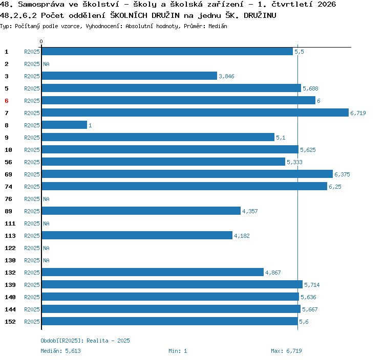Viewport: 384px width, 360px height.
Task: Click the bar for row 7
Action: tap(195, 112)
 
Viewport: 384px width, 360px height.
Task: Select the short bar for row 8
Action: tap(65, 125)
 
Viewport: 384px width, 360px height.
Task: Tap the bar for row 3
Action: tap(130, 76)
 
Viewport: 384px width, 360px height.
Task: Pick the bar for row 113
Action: tap(137, 235)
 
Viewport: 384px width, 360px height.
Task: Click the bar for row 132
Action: tap(153, 272)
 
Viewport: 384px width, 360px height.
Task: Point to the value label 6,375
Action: tap(342, 174)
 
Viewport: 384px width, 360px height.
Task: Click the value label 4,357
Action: tap(250, 211)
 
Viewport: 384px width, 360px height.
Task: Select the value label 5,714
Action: tap(312, 285)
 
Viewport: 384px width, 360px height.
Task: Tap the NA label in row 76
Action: tap(46, 199)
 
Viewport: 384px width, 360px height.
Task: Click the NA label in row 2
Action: tap(46, 64)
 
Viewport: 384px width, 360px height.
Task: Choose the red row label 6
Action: tap(7, 101)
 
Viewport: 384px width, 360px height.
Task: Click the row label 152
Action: tap(10, 322)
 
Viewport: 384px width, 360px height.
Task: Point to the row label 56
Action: tap(8, 162)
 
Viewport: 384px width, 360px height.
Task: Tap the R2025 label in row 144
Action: tap(32, 309)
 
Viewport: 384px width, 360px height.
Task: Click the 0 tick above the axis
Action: tap(41, 41)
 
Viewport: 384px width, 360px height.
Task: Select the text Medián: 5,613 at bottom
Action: tap(60, 351)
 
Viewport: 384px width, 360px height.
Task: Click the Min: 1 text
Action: tap(178, 351)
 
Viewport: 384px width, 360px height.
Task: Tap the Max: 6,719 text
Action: tap(286, 351)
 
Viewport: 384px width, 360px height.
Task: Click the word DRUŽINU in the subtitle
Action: tap(260, 15)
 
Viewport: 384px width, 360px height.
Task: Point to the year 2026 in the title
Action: tap(327, 4)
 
